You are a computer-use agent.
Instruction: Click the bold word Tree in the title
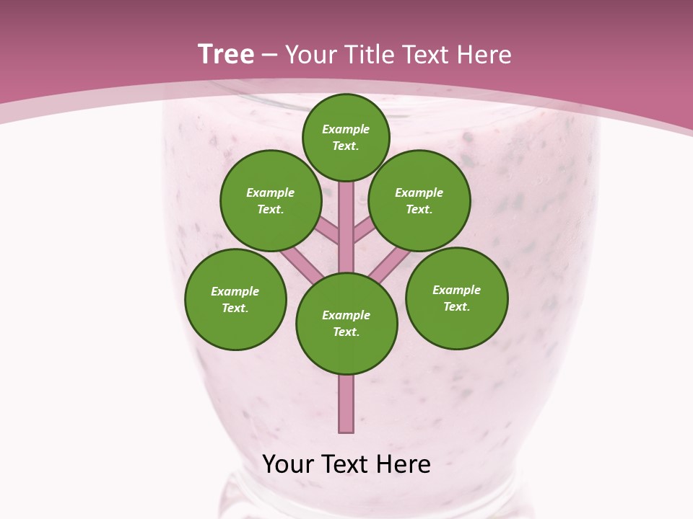click(226, 55)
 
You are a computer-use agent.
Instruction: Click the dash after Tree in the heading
click(270, 56)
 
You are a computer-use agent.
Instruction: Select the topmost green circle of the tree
click(346, 137)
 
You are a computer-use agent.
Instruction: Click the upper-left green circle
click(271, 201)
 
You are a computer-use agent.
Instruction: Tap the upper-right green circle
click(419, 201)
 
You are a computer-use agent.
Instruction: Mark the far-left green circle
click(235, 300)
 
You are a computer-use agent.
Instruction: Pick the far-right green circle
click(457, 298)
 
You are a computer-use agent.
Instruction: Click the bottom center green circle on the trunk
click(346, 324)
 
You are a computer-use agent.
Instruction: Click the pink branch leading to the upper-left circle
click(327, 231)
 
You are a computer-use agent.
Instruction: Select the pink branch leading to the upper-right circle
click(365, 231)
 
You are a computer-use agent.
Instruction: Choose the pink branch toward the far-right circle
click(391, 263)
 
